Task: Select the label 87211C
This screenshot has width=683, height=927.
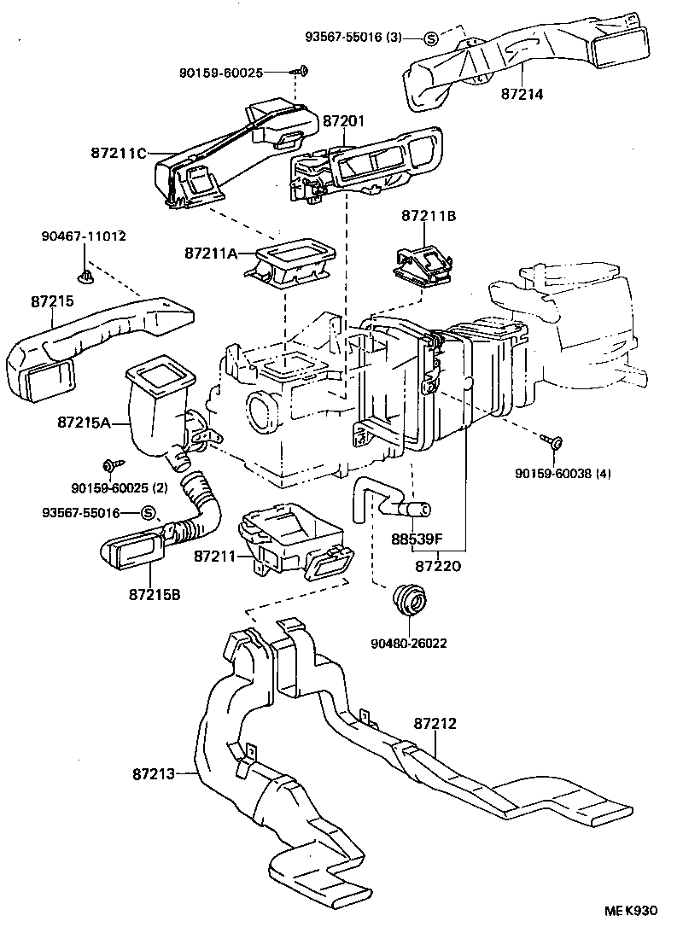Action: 119,154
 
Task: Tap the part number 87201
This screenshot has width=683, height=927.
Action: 345,123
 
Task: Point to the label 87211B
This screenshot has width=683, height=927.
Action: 429,217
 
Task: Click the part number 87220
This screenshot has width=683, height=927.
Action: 438,564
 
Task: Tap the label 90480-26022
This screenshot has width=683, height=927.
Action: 408,643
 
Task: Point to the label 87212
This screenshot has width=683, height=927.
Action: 435,724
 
